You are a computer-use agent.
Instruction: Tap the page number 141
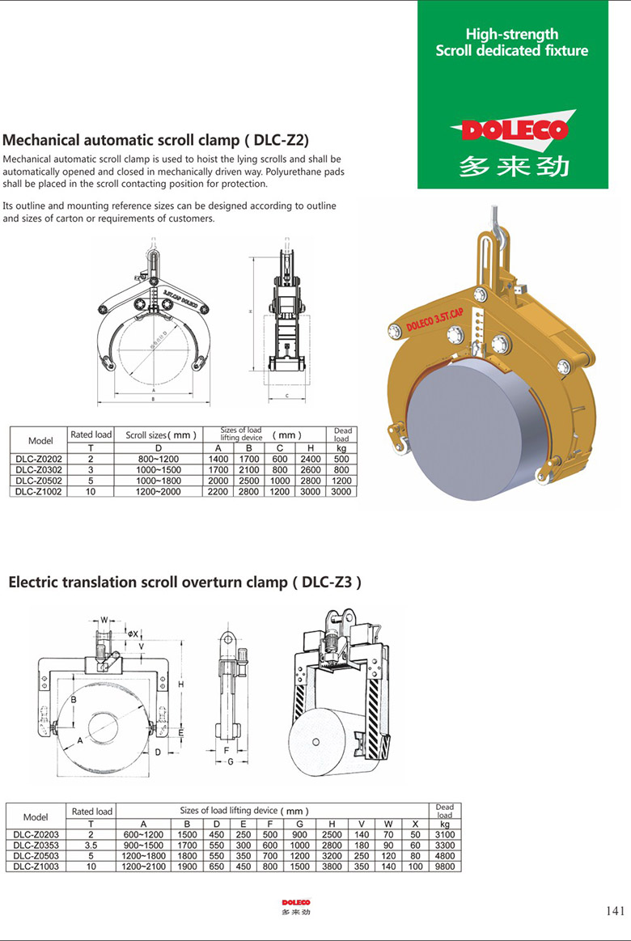[x=615, y=911]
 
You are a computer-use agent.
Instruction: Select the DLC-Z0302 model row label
[x=40, y=468]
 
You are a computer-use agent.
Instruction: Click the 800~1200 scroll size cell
[x=159, y=458]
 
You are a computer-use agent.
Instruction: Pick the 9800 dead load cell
[x=444, y=867]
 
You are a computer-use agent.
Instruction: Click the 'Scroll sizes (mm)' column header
[x=161, y=434]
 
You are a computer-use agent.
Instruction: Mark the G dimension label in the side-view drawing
[x=230, y=761]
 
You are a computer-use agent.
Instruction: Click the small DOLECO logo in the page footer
[x=296, y=902]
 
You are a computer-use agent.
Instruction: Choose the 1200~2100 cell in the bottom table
[x=143, y=867]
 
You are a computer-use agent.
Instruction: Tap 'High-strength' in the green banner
[x=511, y=34]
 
